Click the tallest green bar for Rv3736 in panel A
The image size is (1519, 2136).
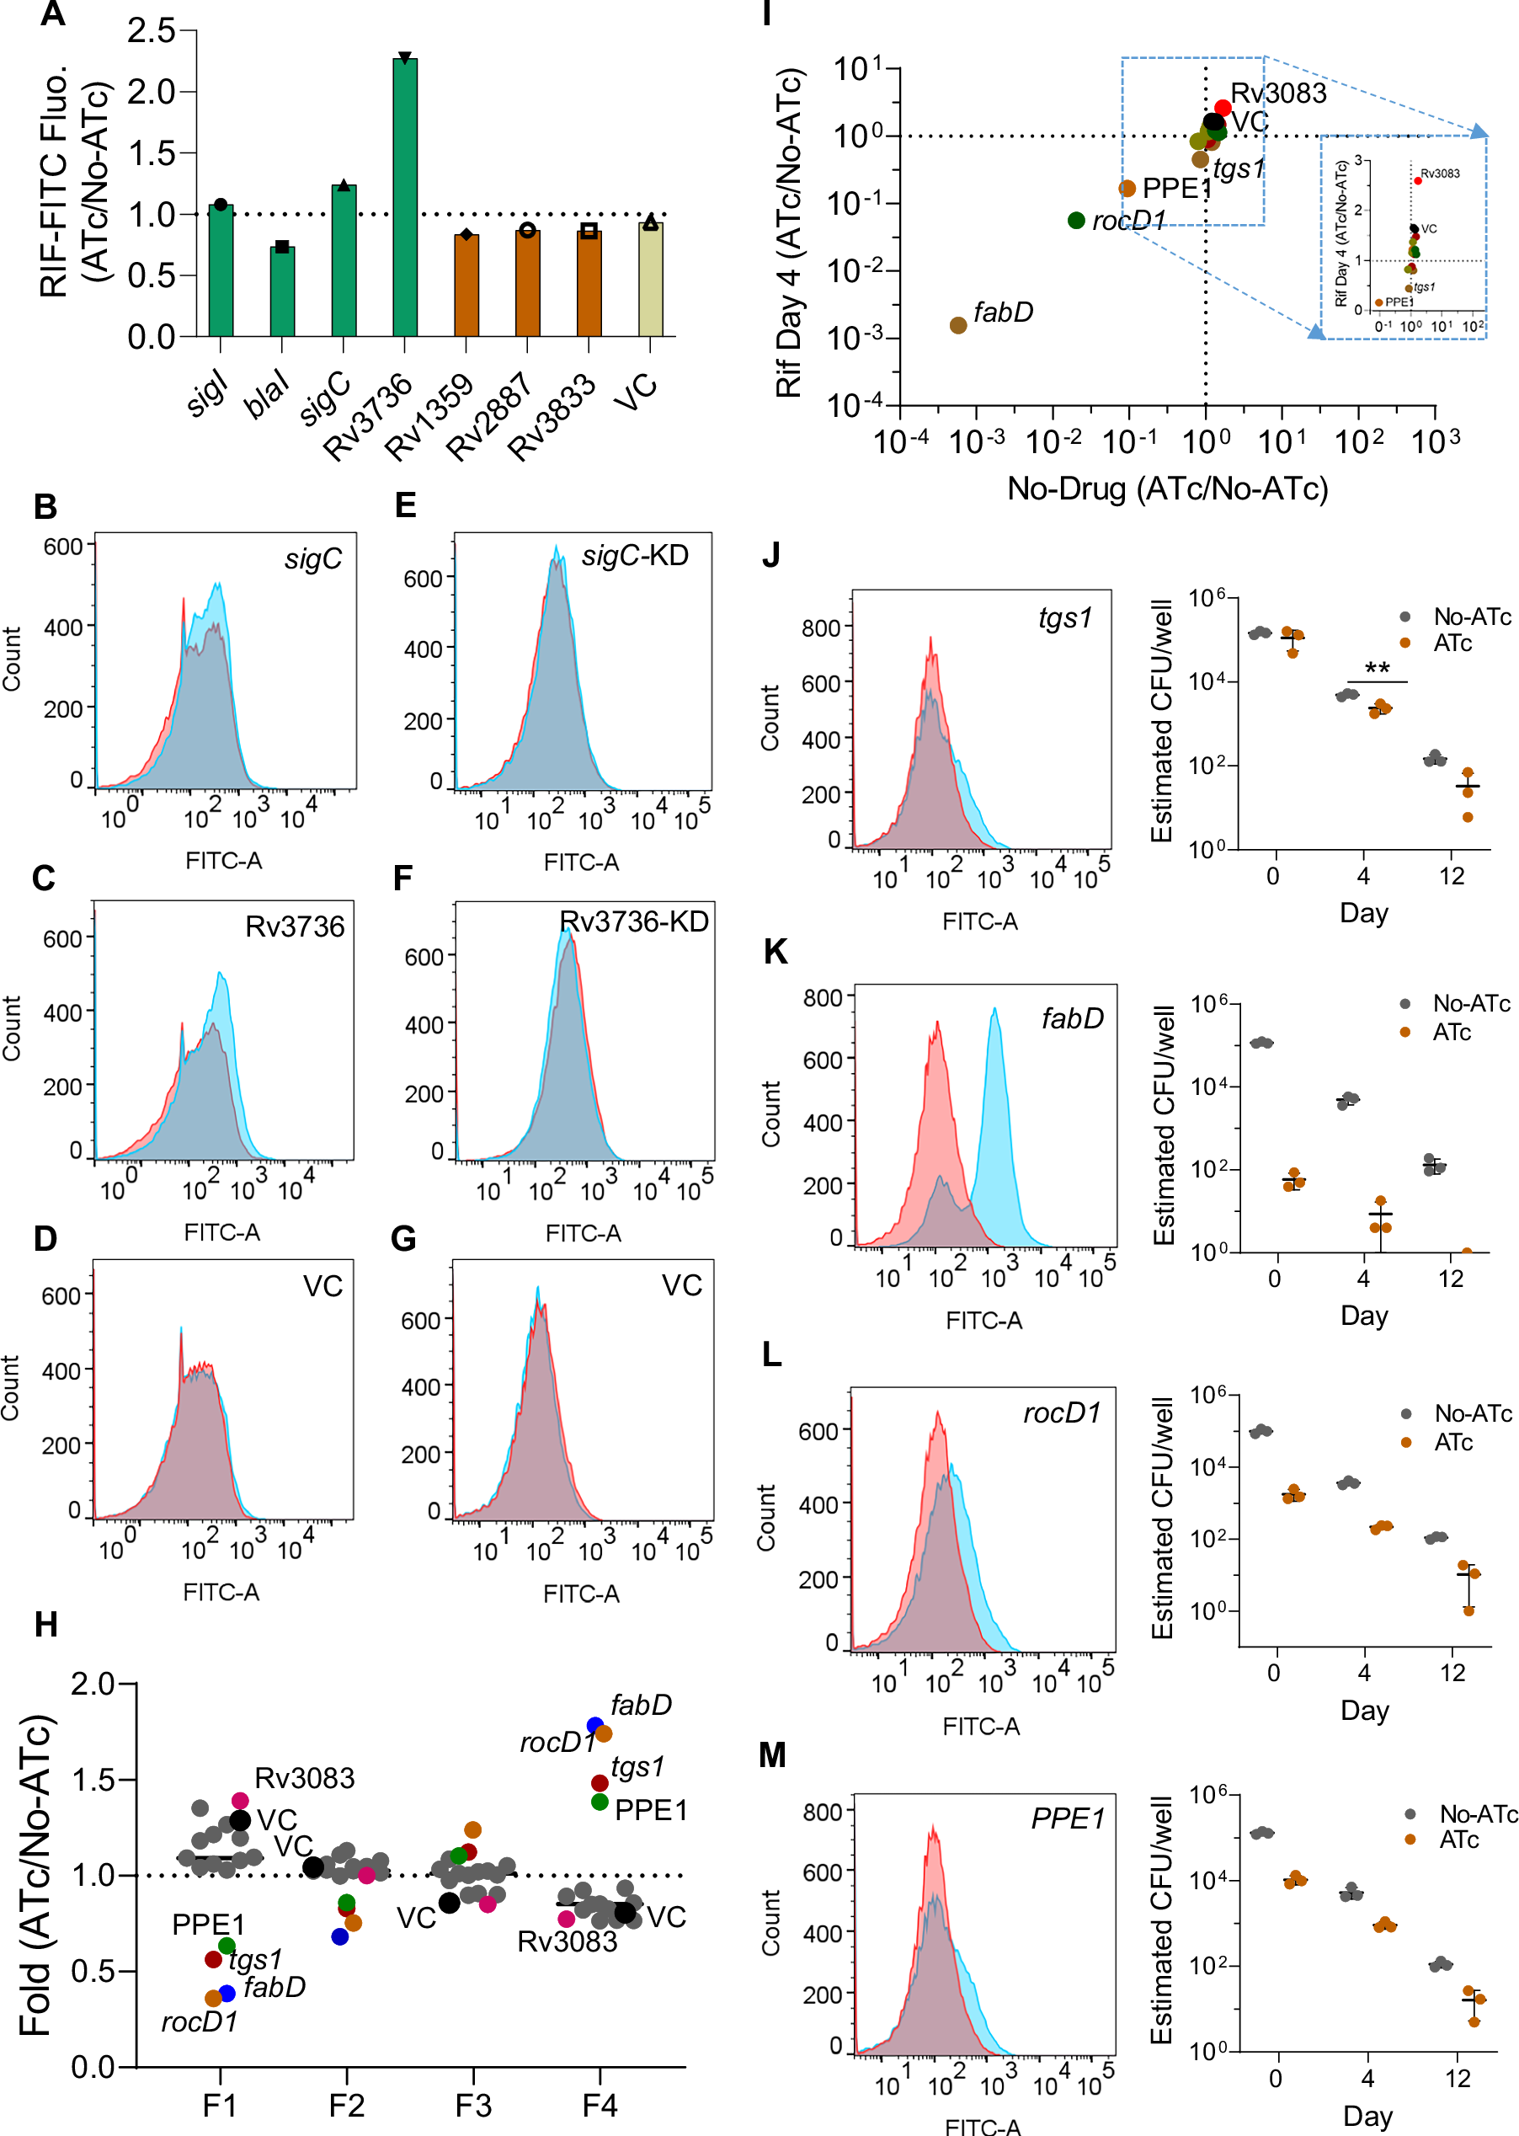(405, 196)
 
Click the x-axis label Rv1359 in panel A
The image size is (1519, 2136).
(429, 416)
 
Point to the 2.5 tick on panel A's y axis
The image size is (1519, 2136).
(152, 31)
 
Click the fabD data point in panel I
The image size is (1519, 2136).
(957, 324)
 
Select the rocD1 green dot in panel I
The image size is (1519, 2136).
(1075, 220)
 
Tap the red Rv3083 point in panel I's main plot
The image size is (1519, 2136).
(1223, 109)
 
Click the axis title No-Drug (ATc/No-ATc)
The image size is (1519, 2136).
(1167, 489)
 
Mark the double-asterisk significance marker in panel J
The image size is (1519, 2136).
(1377, 669)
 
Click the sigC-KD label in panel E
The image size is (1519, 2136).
(635, 556)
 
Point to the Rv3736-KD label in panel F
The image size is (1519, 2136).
(634, 921)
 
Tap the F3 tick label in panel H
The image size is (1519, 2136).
(473, 2105)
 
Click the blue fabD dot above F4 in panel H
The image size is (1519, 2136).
(594, 1725)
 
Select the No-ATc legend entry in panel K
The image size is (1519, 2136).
(1470, 1004)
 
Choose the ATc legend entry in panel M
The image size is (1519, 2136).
(1458, 1840)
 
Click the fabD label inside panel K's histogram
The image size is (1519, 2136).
(1072, 1018)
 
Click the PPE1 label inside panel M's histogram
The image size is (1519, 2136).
(1067, 1818)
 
